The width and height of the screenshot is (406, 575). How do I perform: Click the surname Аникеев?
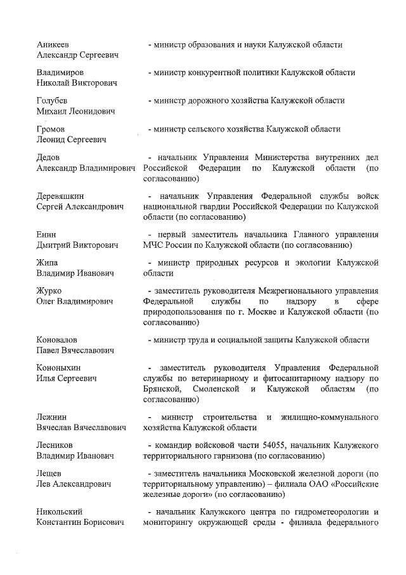coord(53,44)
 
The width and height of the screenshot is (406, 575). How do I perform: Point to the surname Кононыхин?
coord(59,368)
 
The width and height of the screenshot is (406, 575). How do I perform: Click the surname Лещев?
coord(49,473)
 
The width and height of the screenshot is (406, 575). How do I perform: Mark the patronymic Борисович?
coord(105,522)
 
